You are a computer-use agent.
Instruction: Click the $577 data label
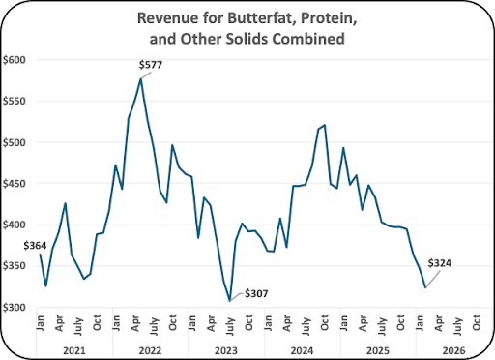tap(151, 65)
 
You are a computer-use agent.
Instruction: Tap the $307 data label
tap(256, 294)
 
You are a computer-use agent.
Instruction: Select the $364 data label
tap(35, 246)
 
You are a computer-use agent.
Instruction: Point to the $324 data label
tap(440, 263)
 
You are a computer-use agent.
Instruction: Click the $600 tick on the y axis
tap(15, 60)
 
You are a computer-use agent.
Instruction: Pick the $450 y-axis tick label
tap(15, 184)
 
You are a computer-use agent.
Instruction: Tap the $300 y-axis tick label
tap(15, 308)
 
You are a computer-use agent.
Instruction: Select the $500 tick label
tap(15, 142)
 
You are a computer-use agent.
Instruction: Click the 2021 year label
tap(74, 350)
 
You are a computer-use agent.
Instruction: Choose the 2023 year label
tap(226, 350)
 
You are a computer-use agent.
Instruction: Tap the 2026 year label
tap(454, 350)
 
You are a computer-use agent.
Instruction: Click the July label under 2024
tap(306, 326)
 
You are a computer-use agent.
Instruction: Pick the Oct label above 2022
tap(173, 322)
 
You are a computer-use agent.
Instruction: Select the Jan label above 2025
tap(343, 322)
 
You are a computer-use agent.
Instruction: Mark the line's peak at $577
tap(141, 78)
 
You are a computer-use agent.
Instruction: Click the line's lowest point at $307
tap(229, 301)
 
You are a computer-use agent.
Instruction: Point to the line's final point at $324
tap(425, 287)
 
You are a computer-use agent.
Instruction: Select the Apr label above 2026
tap(439, 323)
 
